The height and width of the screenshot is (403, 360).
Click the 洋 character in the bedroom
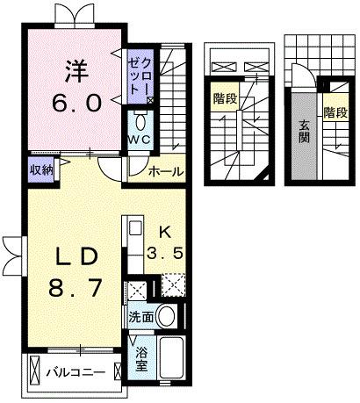[x=71, y=68]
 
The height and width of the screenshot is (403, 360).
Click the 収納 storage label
[x=41, y=170]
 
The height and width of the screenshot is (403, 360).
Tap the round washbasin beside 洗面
[x=169, y=316]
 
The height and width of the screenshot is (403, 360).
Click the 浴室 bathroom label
[x=141, y=358]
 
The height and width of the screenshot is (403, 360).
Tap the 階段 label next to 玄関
[x=335, y=112]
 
